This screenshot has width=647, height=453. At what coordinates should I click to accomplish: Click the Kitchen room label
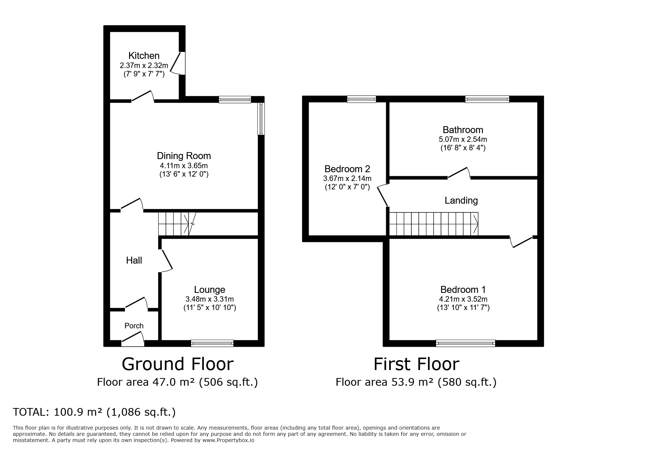144,56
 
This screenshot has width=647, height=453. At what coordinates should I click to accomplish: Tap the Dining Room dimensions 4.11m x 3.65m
183,166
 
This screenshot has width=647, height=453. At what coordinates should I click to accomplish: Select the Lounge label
209,290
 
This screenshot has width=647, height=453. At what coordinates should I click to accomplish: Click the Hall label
134,260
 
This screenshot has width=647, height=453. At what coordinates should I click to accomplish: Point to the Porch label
134,326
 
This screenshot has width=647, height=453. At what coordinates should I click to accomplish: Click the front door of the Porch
133,341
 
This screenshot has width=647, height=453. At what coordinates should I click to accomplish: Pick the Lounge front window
212,343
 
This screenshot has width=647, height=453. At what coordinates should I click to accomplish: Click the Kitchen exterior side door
180,63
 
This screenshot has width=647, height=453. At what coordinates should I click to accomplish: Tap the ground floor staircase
174,224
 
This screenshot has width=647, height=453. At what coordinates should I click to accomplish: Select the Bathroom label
463,130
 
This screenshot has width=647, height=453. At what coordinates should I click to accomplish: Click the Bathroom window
487,99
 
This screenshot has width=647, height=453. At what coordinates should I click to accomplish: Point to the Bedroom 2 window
361,99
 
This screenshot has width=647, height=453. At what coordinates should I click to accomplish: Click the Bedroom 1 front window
465,343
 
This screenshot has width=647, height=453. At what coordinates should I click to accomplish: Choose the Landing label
461,200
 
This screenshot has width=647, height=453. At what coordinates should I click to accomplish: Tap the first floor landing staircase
433,224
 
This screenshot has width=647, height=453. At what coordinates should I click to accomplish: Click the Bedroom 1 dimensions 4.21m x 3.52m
463,299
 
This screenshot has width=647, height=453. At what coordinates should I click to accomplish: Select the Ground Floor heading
177,364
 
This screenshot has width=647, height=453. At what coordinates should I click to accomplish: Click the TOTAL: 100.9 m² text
94,412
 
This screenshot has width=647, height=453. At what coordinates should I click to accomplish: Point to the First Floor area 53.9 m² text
416,382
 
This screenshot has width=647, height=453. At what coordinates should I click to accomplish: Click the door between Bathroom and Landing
459,174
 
